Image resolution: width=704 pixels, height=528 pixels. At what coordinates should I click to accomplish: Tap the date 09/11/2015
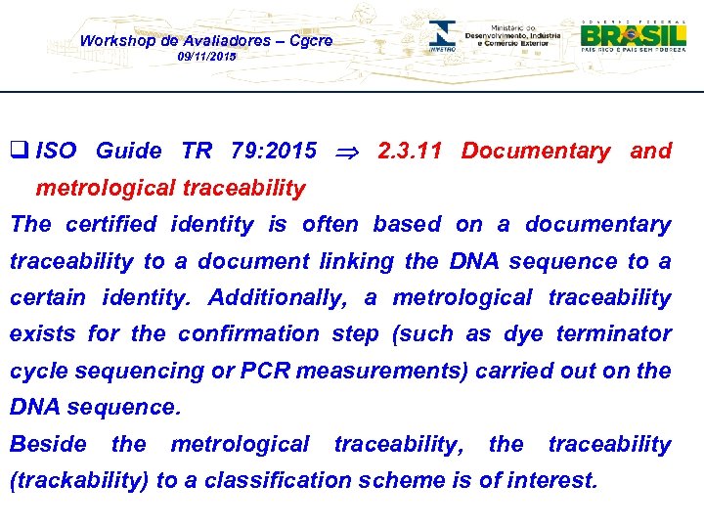[206, 58]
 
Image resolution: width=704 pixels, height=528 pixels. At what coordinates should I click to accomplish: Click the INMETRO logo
[444, 36]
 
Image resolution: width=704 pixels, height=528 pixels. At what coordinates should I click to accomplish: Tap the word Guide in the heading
[128, 151]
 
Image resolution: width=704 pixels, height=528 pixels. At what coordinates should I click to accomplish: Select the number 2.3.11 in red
[409, 151]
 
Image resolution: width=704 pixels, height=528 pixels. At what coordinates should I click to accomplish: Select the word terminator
[612, 333]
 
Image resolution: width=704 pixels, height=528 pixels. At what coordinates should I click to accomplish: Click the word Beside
[48, 444]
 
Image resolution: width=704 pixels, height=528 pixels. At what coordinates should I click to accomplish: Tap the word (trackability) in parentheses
[75, 480]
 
